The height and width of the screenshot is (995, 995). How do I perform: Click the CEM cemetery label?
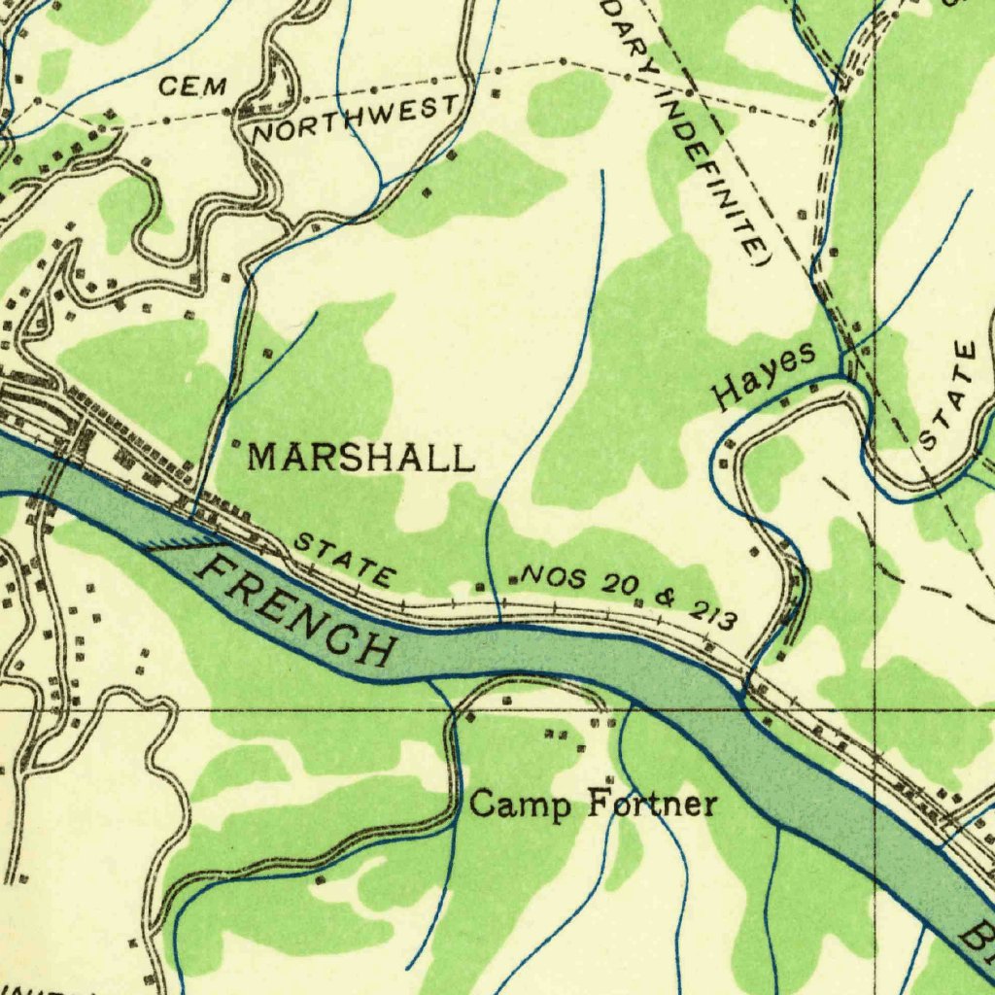pyautogui.click(x=192, y=87)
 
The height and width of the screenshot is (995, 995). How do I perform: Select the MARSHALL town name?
pyautogui.click(x=361, y=457)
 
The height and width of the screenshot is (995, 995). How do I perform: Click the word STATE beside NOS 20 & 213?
pyautogui.click(x=344, y=560)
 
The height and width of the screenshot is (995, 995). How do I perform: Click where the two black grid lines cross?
pyautogui.click(x=875, y=710)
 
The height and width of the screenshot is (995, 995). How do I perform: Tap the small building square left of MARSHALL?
pyautogui.click(x=234, y=450)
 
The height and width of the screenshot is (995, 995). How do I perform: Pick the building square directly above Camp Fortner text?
pyautogui.click(x=609, y=780)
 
